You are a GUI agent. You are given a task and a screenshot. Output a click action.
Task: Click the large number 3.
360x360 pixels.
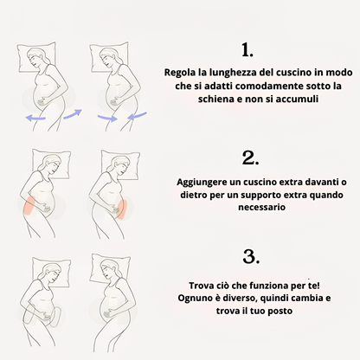[x=249, y=257]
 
